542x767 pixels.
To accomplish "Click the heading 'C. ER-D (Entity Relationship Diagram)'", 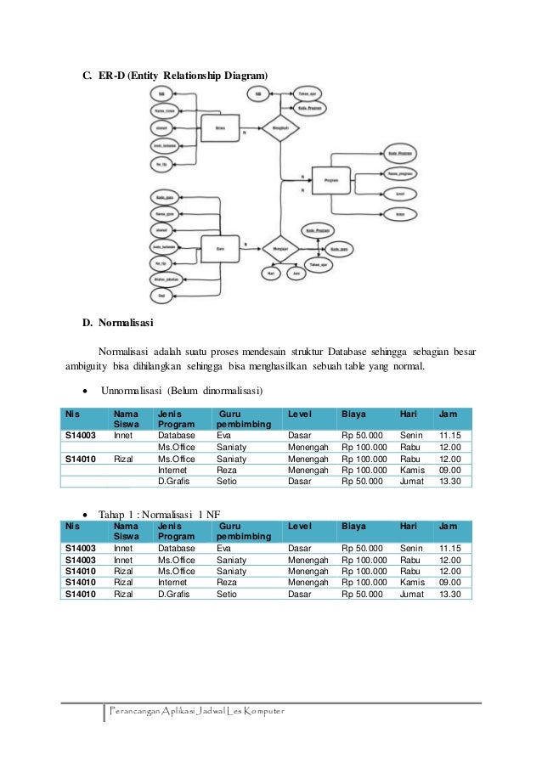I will pyautogui.click(x=174, y=76).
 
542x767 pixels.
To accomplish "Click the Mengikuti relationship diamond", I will pyautogui.click(x=281, y=128).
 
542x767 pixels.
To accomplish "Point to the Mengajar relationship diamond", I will pyautogui.click(x=281, y=250).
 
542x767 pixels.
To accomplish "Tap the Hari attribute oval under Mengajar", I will pyautogui.click(x=271, y=274).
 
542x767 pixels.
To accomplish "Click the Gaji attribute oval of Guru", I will pyautogui.click(x=161, y=294).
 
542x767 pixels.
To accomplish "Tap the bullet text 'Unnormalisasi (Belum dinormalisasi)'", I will pyautogui.click(x=182, y=391).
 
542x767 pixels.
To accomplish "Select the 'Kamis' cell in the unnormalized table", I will pyautogui.click(x=412, y=469).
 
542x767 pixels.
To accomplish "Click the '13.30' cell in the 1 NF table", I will pyautogui.click(x=450, y=595).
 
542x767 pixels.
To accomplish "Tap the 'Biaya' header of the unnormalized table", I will pyautogui.click(x=353, y=414).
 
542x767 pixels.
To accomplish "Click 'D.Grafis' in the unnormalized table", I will pyautogui.click(x=177, y=481).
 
